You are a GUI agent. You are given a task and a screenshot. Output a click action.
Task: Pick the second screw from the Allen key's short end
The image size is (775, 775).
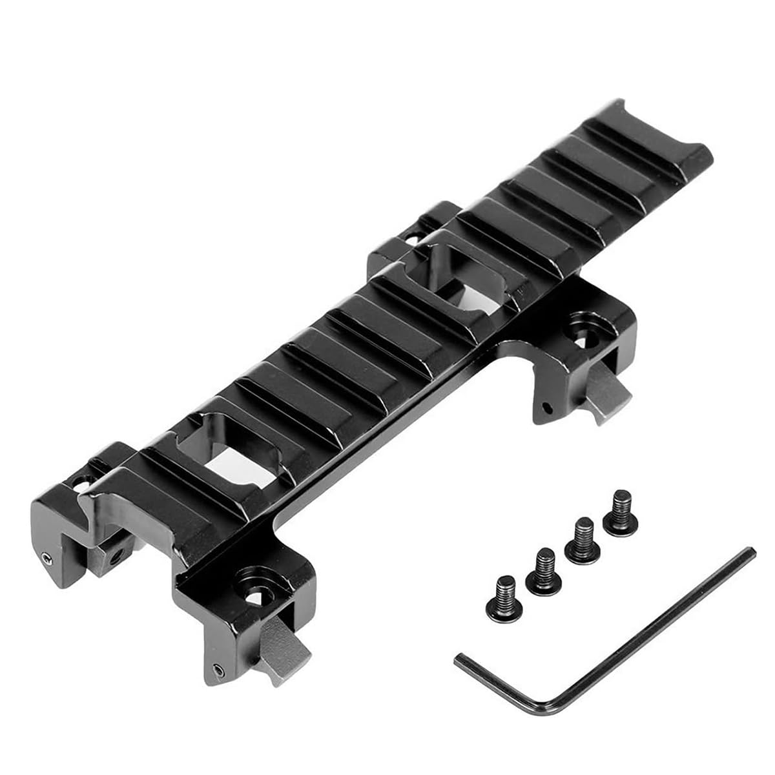coord(543,568)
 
